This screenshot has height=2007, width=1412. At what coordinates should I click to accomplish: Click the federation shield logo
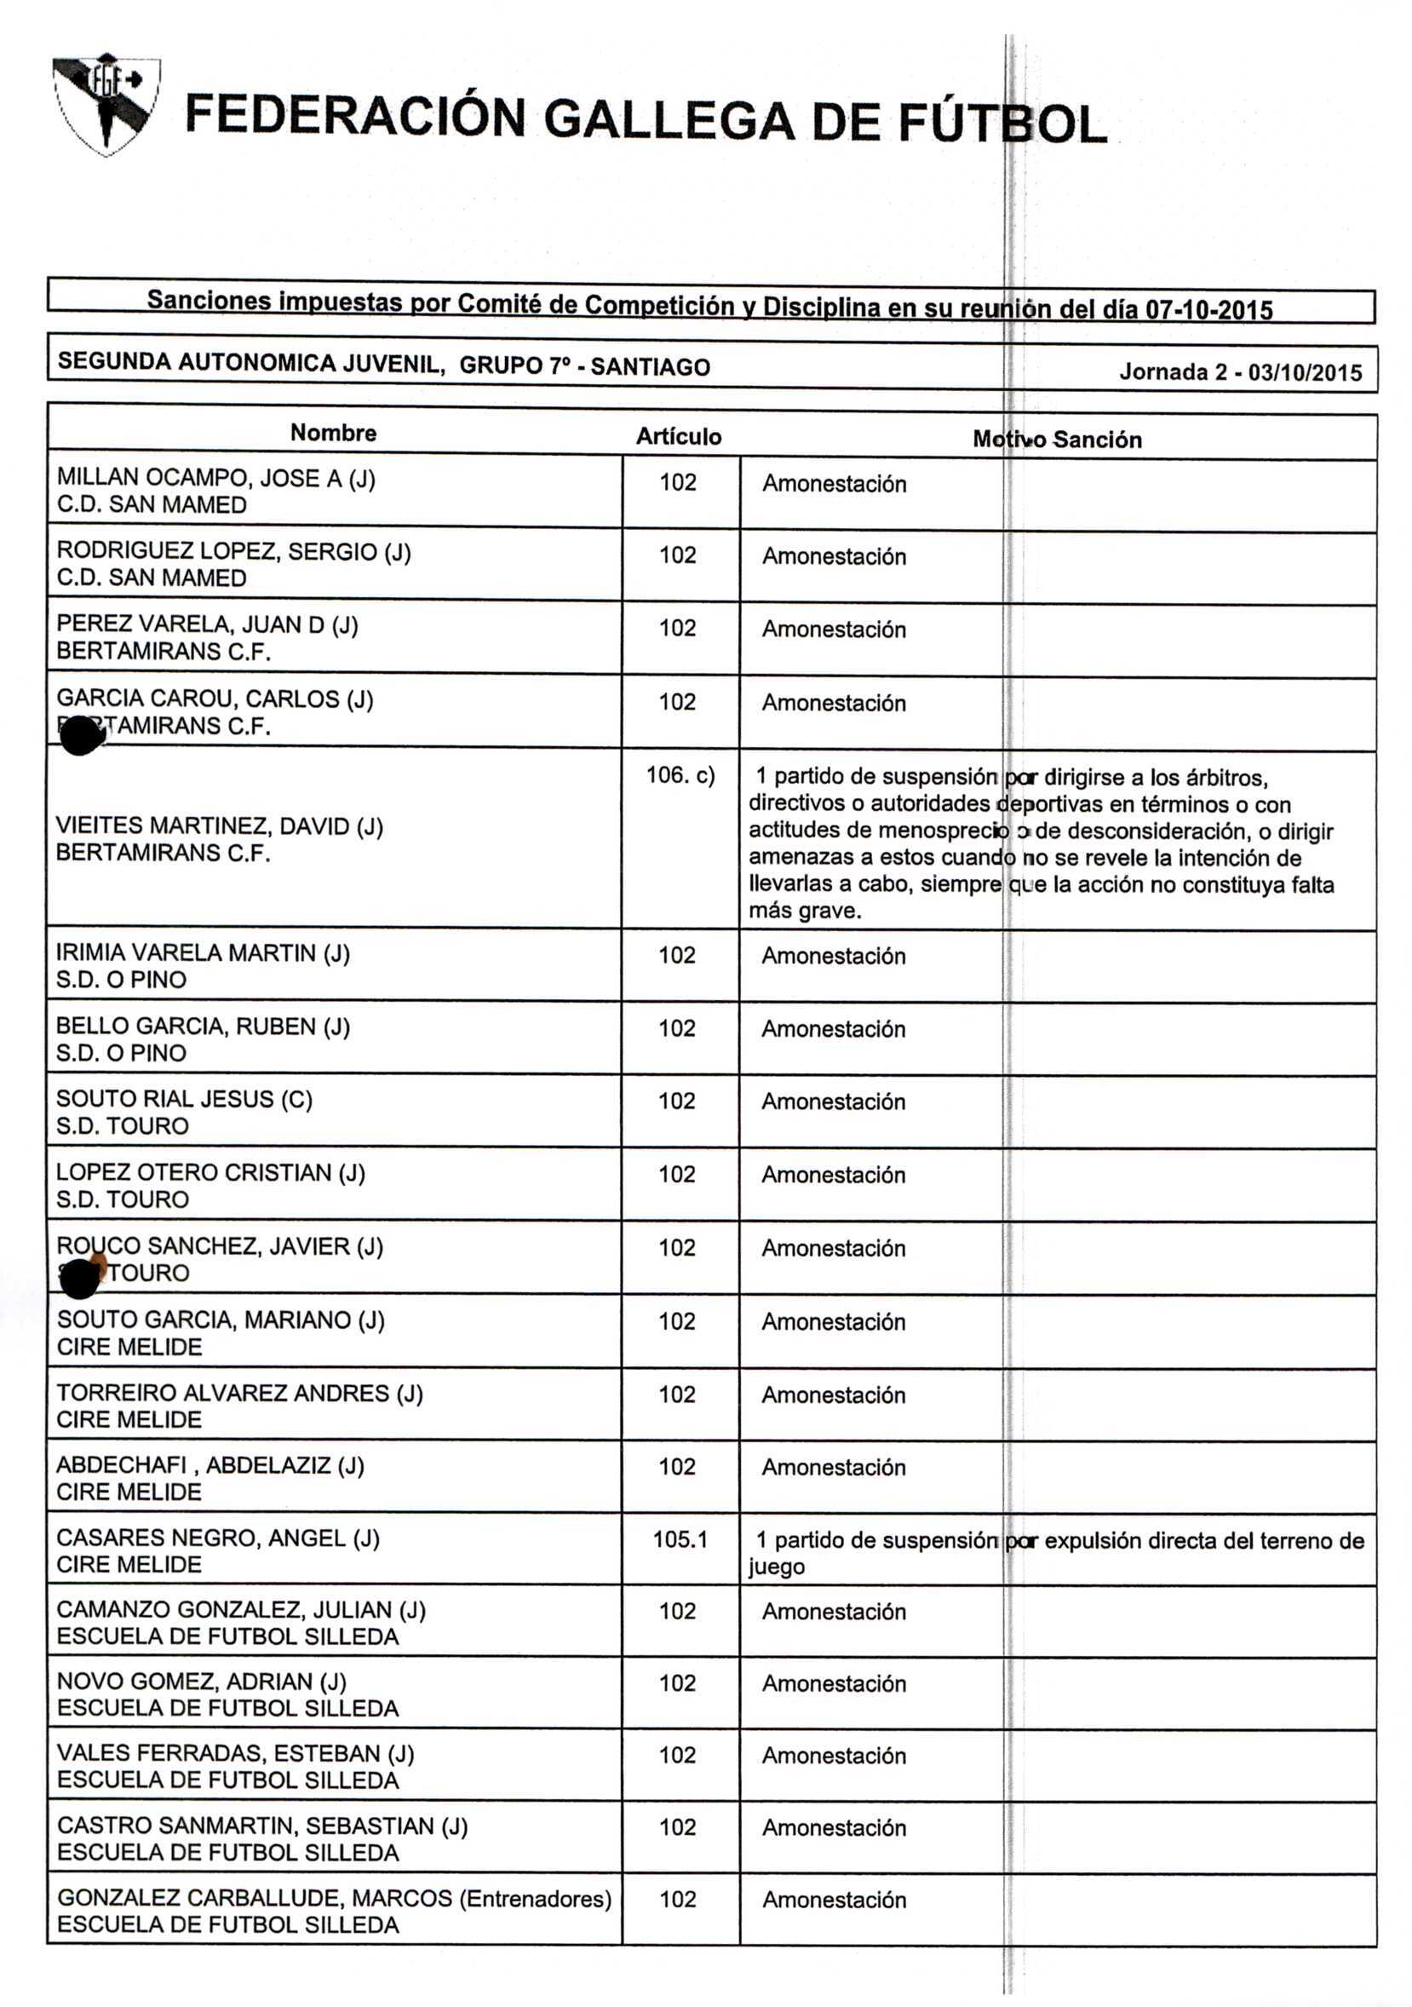click(106, 104)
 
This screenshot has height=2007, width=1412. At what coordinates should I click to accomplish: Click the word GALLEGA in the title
click(669, 120)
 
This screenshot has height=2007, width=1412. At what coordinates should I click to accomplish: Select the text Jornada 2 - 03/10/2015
click(1240, 372)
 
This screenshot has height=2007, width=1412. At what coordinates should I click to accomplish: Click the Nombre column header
click(333, 433)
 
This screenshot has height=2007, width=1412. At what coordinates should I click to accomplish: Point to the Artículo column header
click(678, 436)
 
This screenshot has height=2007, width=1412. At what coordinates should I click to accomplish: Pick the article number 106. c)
click(680, 775)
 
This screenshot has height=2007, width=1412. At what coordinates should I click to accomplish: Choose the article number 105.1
click(680, 1539)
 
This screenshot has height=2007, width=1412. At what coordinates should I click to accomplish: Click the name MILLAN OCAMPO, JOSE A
click(215, 478)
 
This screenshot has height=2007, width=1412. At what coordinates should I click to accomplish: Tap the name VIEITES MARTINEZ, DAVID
click(218, 826)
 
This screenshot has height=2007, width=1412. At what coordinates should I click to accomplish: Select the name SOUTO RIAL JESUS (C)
click(183, 1099)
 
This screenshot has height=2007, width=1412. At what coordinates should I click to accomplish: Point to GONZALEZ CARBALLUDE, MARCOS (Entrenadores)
click(334, 1899)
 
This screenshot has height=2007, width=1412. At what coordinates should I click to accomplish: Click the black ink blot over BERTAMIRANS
click(80, 734)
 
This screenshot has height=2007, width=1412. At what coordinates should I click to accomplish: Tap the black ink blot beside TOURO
click(81, 1275)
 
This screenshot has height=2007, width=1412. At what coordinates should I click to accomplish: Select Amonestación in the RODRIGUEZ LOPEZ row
click(834, 557)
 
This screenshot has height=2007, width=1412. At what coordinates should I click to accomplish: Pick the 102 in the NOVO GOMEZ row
click(677, 1682)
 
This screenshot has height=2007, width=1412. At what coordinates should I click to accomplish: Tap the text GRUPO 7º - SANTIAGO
click(584, 366)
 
